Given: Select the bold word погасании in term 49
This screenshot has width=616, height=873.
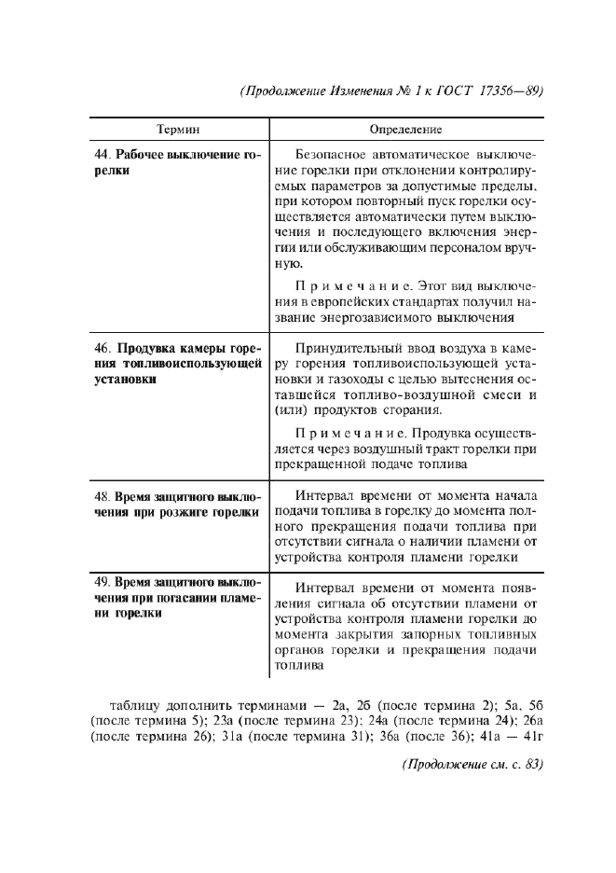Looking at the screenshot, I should pyautogui.click(x=187, y=597).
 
